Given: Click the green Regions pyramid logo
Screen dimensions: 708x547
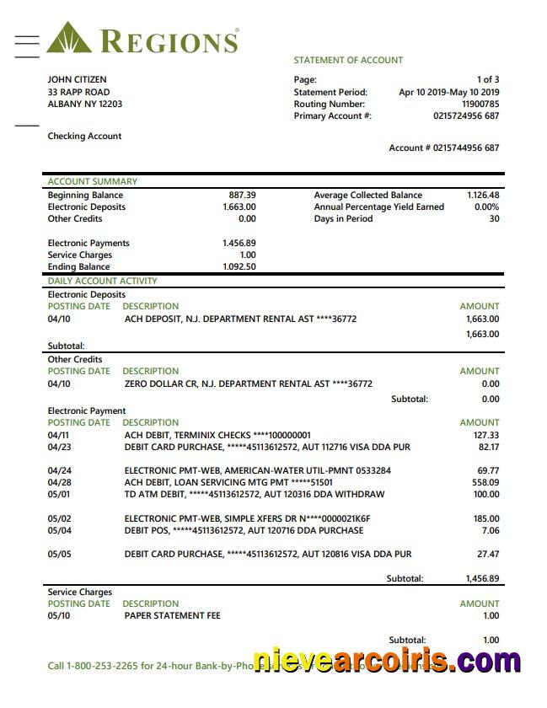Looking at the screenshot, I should (70, 39).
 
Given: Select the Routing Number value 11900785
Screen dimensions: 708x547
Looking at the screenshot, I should (480, 104).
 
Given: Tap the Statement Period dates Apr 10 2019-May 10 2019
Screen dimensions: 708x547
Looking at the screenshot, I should (448, 92).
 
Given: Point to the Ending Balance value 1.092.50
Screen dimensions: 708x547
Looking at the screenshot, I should (239, 266).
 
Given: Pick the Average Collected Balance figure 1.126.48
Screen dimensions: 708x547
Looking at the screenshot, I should (483, 195).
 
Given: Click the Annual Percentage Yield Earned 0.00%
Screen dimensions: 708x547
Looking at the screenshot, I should (486, 206).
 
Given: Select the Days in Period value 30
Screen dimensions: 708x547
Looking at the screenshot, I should (494, 218).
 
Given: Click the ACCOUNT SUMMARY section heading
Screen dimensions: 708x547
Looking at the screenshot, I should (92, 181).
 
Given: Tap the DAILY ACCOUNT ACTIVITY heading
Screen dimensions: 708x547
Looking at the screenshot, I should (102, 281).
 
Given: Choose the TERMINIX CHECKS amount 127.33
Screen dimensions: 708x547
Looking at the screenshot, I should (487, 435).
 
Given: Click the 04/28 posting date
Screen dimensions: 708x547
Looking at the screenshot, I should (59, 482).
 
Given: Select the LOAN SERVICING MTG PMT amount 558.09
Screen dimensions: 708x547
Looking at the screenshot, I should (485, 482).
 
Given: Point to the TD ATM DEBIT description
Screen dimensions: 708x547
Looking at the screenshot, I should (254, 494).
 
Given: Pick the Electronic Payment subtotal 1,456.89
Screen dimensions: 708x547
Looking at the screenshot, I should (482, 579).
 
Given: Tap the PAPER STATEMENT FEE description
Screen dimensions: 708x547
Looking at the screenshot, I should (172, 615).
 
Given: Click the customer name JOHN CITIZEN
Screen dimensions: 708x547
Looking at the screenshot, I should (77, 80).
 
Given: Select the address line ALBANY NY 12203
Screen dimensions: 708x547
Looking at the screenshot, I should (84, 104).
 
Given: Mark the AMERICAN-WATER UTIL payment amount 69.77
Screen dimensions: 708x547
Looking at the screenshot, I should (488, 470).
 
